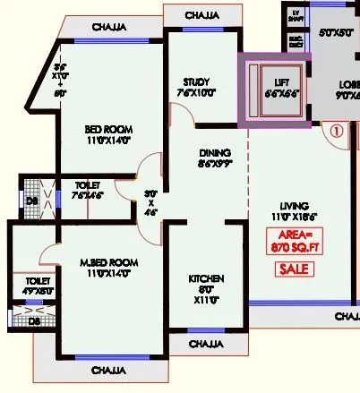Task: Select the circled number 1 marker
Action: coord(337,128)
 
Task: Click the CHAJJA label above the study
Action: coord(206,16)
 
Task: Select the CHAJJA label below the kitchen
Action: coord(205,343)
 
